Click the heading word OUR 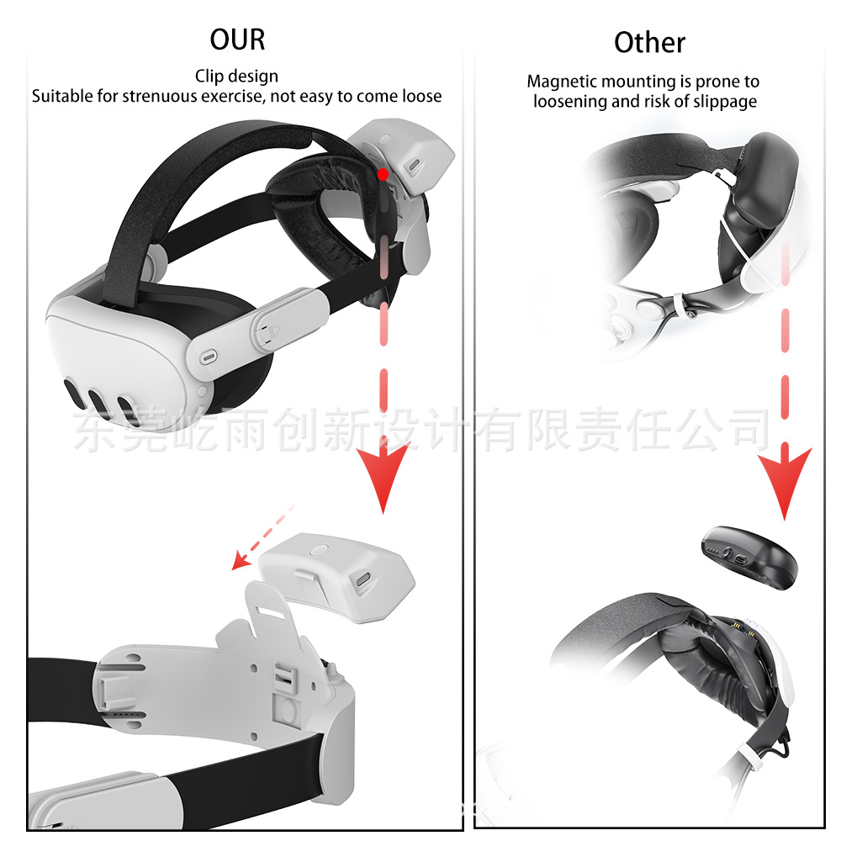[x=237, y=40]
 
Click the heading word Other [x=649, y=43]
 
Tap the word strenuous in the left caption [x=162, y=96]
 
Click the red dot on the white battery [x=383, y=174]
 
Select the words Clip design [x=236, y=77]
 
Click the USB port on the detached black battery [x=739, y=558]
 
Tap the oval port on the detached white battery [x=365, y=580]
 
